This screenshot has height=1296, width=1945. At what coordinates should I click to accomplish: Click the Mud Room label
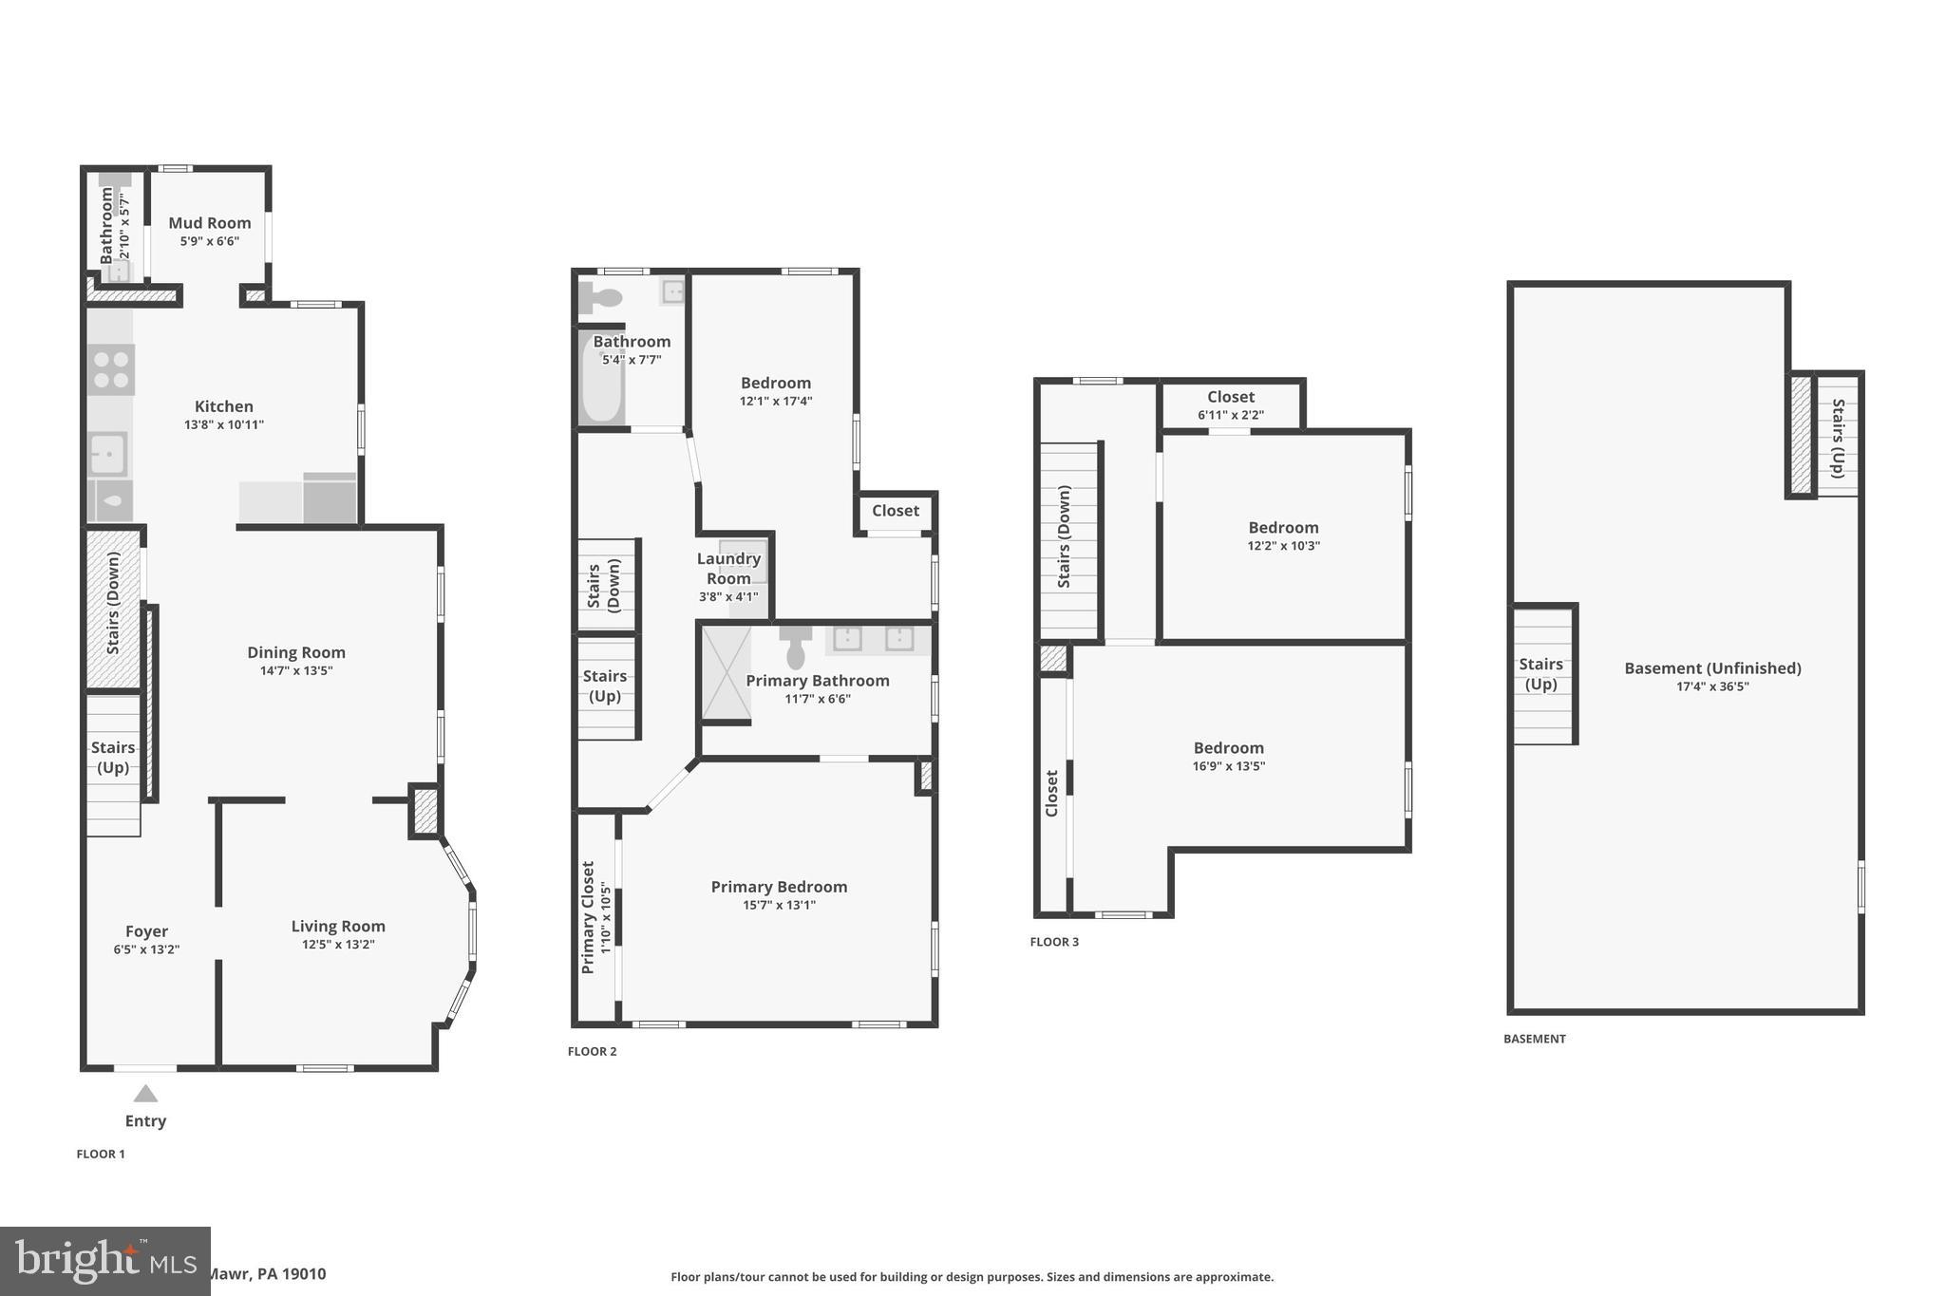(x=210, y=223)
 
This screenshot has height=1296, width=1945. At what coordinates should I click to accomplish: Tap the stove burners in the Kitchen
(x=111, y=369)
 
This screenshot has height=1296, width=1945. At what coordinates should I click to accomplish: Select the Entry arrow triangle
(x=145, y=1094)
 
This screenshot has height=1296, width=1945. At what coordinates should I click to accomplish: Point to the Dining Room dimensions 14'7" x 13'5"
(x=296, y=670)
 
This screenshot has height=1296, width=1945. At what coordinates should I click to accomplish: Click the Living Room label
(x=338, y=926)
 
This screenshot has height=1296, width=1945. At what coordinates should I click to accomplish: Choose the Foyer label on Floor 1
(x=146, y=931)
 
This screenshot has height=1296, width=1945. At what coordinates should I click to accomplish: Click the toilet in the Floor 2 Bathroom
(x=600, y=298)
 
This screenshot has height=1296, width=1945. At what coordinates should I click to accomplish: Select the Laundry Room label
(x=728, y=569)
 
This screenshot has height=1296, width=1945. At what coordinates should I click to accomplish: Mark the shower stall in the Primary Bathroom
(x=727, y=672)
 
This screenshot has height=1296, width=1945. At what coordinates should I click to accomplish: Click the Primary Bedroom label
(x=779, y=887)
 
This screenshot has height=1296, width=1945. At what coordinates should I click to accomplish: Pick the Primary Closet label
(x=588, y=917)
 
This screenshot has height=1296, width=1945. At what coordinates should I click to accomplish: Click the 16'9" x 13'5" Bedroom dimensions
(x=1229, y=766)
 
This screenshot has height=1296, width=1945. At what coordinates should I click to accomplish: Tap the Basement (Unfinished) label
(x=1712, y=667)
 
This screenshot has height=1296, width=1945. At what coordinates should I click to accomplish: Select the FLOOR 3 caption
(x=1054, y=942)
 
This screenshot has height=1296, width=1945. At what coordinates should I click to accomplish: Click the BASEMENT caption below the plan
(x=1534, y=1039)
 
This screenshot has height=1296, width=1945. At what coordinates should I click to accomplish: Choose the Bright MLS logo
(x=104, y=1261)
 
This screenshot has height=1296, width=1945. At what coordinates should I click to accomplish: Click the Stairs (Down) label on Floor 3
(x=1065, y=536)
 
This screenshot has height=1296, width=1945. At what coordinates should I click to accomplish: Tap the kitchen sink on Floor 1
(x=108, y=454)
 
